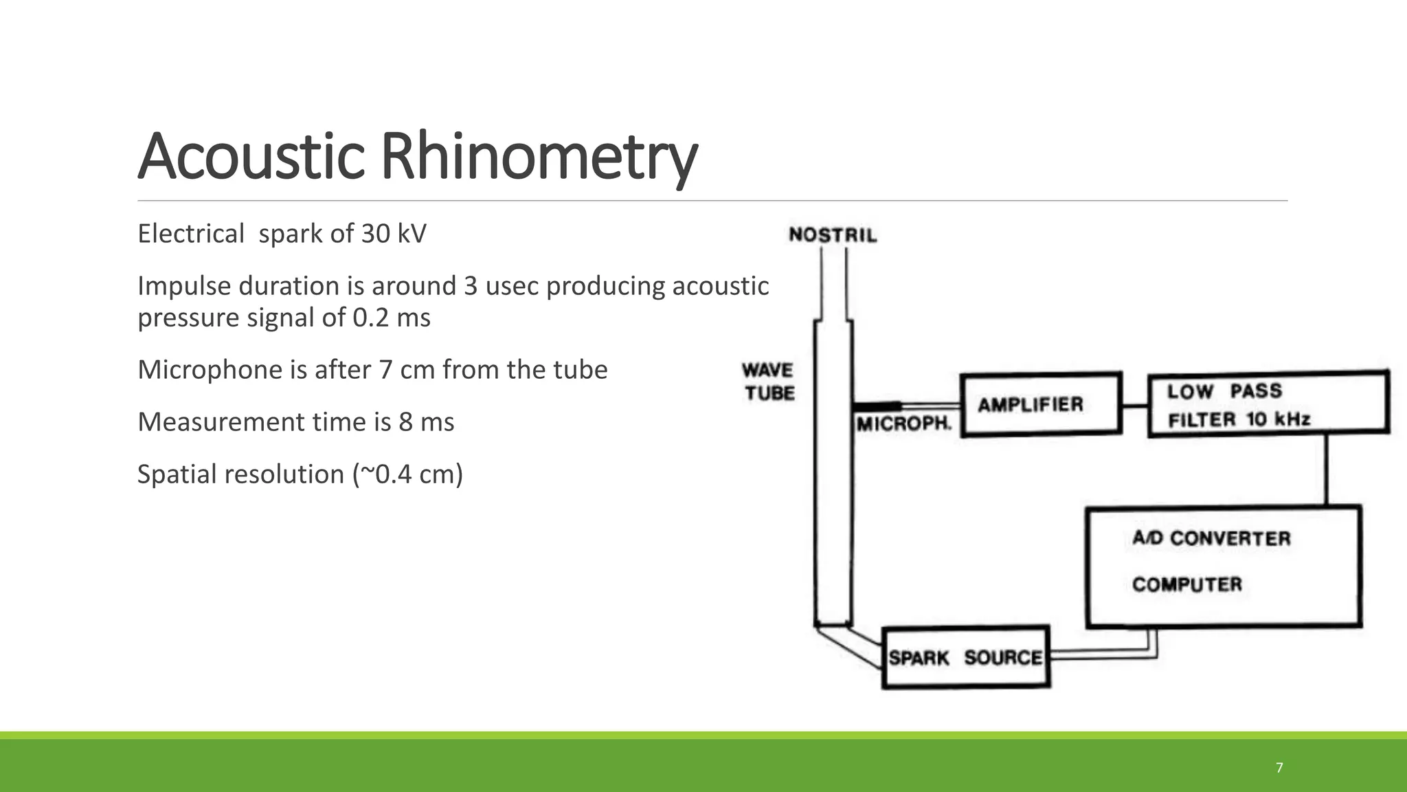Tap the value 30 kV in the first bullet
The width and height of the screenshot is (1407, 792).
point(394,234)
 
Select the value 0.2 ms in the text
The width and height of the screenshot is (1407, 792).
point(392,318)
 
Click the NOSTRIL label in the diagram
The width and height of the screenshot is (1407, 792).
point(833,236)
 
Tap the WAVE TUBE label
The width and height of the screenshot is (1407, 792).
point(769,382)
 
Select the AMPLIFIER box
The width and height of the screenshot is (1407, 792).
point(1040,404)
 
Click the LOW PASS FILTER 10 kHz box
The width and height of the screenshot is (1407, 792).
point(1268,404)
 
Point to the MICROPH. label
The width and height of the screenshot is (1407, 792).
point(903,424)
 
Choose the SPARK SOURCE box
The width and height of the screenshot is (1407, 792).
point(965,657)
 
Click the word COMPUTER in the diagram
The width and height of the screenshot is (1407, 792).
point(1187,584)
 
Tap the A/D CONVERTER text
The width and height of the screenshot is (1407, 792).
point(1211,538)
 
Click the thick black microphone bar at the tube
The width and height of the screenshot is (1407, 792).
point(877,406)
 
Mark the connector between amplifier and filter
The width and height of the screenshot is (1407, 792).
point(1135,406)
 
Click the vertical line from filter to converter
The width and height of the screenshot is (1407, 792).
point(1326,470)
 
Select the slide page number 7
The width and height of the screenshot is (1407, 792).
point(1279,768)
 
